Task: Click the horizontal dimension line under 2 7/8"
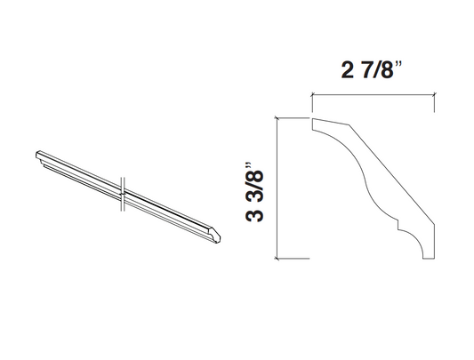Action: pos(371,93)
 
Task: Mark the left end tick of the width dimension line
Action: pos(310,99)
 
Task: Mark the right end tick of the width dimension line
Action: pos(433,99)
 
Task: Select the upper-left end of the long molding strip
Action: pos(39,158)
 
